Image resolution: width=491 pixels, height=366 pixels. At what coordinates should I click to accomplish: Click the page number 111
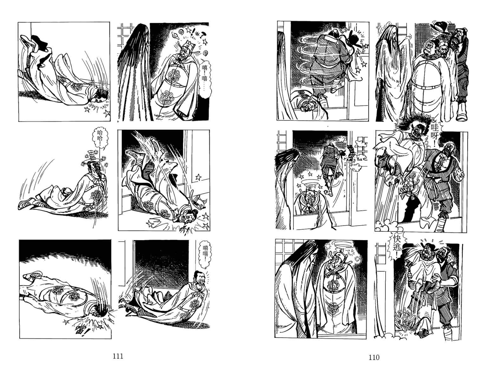(118, 356)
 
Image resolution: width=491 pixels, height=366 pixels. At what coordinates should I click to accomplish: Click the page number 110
(374, 357)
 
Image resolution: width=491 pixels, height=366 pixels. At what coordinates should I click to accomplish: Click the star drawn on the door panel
(198, 177)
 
